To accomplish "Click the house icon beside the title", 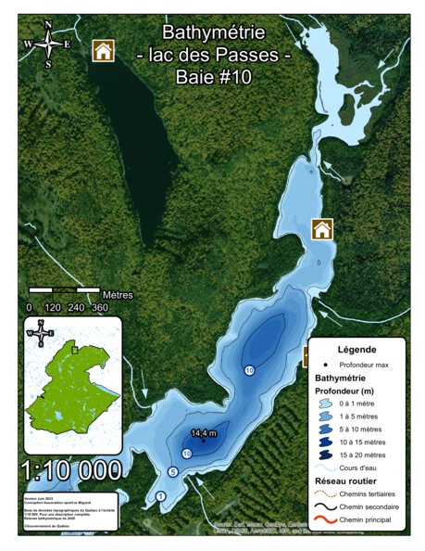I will click(103, 50).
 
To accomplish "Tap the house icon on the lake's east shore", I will click(321, 229).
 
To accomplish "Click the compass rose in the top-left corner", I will click(48, 44).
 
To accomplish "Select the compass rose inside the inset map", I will click(40, 332).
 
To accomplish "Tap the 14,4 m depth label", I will click(204, 432).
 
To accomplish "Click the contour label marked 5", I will click(172, 472).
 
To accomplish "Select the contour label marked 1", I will click(160, 497).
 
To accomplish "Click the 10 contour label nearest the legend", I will click(249, 370).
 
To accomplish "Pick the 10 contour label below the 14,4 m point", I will click(187, 454).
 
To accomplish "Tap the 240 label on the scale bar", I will click(76, 307).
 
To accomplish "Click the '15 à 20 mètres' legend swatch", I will click(327, 454).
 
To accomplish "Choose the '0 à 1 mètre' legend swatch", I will click(327, 405).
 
